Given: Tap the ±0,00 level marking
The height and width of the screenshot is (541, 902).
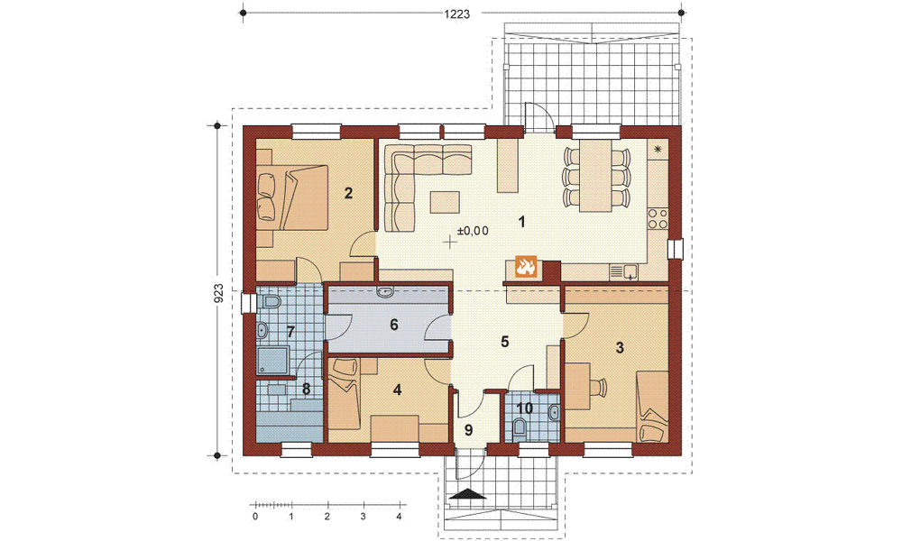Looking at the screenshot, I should click(x=473, y=232).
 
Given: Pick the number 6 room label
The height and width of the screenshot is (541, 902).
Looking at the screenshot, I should click(x=393, y=325).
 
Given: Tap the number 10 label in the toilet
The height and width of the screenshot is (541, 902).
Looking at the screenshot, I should click(x=523, y=408).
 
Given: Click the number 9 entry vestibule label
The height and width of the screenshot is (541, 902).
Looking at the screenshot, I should click(x=467, y=430).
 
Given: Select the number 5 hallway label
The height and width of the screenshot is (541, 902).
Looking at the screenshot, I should click(x=504, y=342).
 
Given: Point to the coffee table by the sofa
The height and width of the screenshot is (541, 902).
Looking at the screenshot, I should click(x=444, y=200).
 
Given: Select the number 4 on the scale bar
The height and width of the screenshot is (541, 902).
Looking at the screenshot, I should click(x=398, y=517).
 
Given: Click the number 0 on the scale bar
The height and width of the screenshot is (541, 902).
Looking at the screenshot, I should click(x=255, y=517).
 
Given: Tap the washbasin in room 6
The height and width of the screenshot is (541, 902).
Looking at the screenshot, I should click(x=385, y=291).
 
